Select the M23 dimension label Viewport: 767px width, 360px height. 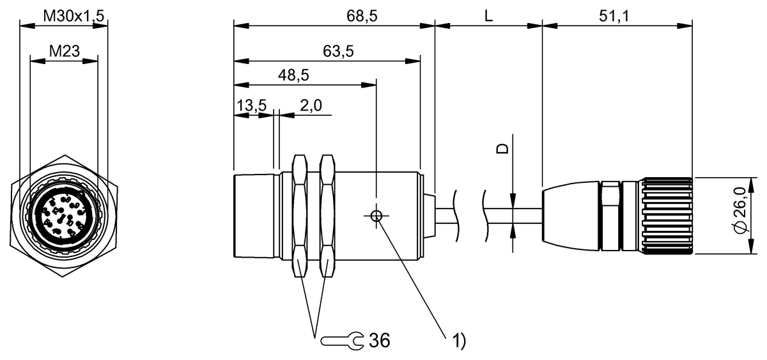coord(64,51)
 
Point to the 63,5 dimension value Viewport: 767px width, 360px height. coord(338,52)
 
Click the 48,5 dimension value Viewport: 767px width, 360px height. coord(293,75)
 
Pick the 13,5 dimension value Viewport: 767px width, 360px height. coord(251,106)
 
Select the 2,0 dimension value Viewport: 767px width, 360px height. coord(311,106)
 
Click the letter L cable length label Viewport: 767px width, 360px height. coord(488,17)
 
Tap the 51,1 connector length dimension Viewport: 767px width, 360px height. coord(614,17)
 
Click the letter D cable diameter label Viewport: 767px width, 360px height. coord(504,148)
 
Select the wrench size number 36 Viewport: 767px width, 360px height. coord(379,340)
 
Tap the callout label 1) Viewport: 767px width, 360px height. coord(459,341)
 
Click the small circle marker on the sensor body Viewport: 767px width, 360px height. coord(376,216)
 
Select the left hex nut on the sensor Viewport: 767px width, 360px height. coord(300,216)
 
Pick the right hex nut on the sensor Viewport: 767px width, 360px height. coord(327,216)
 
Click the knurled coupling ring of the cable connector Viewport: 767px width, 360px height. coord(667,215)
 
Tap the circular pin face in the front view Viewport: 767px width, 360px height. coord(63,215)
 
